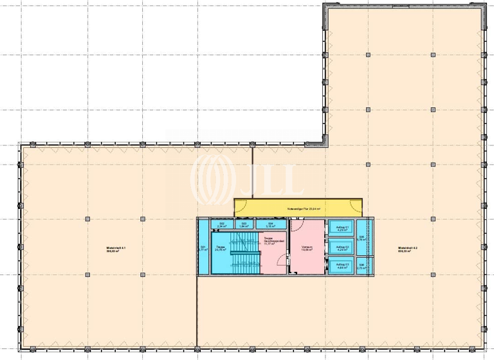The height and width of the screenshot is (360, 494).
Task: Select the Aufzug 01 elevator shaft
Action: (x=342, y=228)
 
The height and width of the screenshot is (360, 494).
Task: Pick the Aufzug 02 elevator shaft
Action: (x=342, y=248)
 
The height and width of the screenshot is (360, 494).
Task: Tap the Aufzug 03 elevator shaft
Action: (x=342, y=265)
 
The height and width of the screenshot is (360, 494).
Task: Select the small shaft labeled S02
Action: (x=222, y=224)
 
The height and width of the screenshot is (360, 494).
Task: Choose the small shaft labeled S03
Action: (x=243, y=224)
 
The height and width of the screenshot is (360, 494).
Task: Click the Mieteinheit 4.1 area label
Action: (x=116, y=249)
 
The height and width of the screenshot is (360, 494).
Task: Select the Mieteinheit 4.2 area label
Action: (x=408, y=249)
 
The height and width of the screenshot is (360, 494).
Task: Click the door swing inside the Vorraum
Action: (x=298, y=225)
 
